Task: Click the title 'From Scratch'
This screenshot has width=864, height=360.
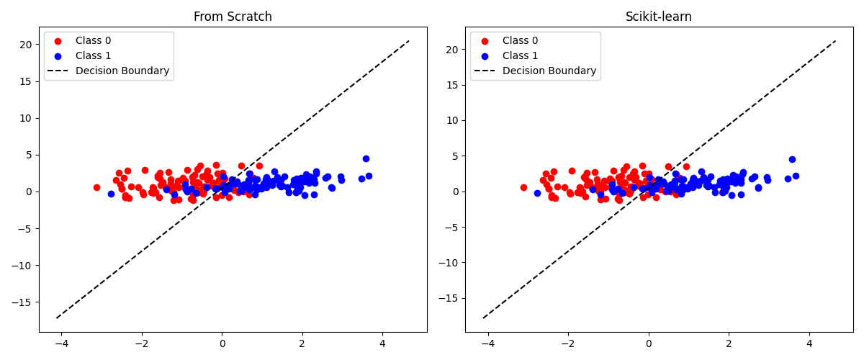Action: [x=233, y=17]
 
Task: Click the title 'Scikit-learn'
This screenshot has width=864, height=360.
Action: [x=659, y=17]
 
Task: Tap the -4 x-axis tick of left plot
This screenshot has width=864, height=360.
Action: [x=60, y=343]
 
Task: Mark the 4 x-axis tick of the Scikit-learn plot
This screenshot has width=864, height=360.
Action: [x=809, y=343]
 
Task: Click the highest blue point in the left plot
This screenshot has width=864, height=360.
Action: [x=366, y=158]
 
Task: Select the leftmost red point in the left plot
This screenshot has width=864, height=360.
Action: [x=96, y=187]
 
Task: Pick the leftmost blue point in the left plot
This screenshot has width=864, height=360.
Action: [x=111, y=194]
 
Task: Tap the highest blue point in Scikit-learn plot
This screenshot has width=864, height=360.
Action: [x=792, y=159]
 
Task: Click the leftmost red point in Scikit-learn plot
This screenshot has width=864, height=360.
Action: [x=523, y=187]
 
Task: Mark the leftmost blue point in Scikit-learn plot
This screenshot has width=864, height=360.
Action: [x=537, y=193]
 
